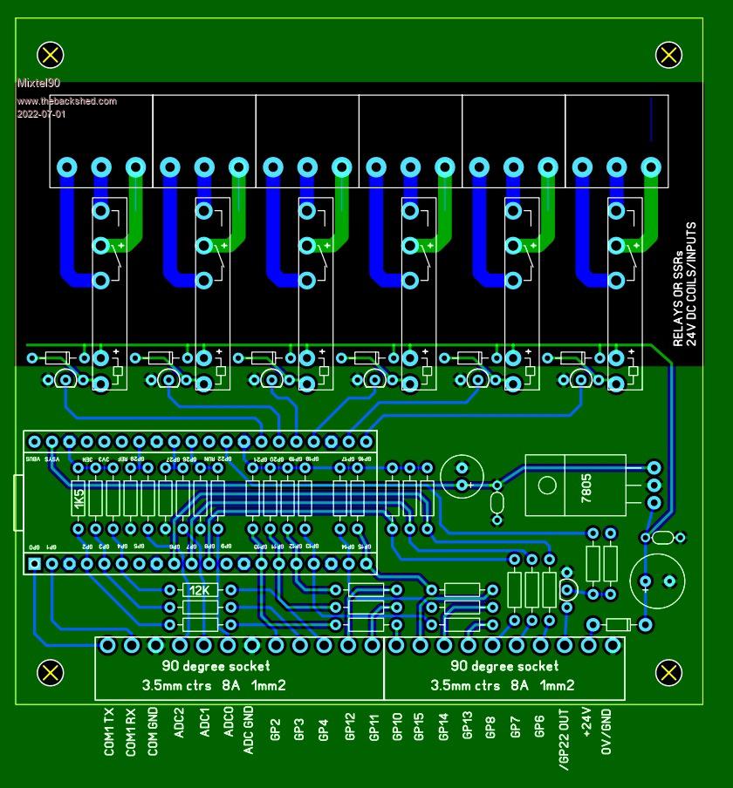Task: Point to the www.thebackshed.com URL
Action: click(x=66, y=101)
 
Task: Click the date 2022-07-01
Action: click(x=41, y=114)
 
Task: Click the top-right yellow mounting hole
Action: click(x=668, y=55)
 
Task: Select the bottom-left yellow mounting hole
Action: click(x=50, y=672)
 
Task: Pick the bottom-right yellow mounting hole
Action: click(x=668, y=672)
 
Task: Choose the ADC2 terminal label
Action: click(x=180, y=723)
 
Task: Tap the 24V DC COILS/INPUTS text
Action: click(x=691, y=282)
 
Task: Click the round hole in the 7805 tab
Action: click(x=546, y=486)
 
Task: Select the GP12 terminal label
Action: click(x=349, y=724)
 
